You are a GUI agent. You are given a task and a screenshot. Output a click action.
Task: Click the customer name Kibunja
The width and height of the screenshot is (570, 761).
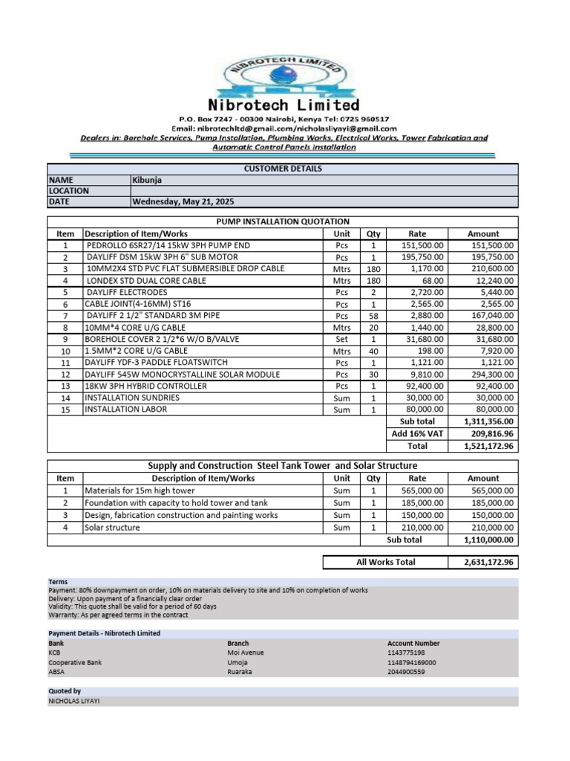pyautogui.click(x=148, y=180)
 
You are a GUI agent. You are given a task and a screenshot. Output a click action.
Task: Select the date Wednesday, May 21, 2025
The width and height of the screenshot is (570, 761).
pyautogui.click(x=182, y=201)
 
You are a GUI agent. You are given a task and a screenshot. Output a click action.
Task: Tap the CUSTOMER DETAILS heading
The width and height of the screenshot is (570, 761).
pyautogui.click(x=282, y=169)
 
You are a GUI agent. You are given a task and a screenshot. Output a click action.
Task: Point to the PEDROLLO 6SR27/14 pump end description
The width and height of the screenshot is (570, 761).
pyautogui.click(x=168, y=245)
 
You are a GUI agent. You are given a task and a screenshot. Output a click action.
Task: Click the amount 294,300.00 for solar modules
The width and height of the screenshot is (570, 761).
pyautogui.click(x=491, y=375)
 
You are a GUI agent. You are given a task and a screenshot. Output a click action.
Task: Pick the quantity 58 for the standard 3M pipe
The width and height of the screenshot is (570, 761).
pyautogui.click(x=373, y=316)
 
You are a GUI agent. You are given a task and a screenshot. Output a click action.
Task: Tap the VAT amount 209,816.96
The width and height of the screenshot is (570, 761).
pyautogui.click(x=491, y=434)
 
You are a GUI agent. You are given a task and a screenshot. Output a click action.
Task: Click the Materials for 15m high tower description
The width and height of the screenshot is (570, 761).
pyautogui.click(x=140, y=491)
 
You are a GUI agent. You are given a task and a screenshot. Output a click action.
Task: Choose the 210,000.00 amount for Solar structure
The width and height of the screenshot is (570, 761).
pyautogui.click(x=491, y=528)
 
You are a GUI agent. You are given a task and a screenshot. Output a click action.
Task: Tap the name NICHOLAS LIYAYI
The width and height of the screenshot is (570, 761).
pyautogui.click(x=73, y=701)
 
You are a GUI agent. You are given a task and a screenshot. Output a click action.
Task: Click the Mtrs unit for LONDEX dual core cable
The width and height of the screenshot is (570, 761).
pyautogui.click(x=341, y=281)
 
